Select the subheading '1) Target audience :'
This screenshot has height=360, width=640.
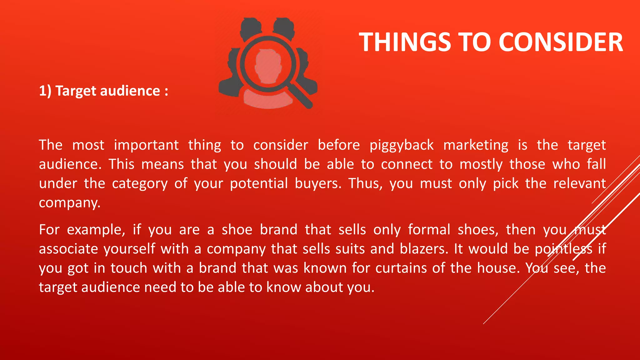coord(103,91)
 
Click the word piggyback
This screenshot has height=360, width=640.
coord(402,145)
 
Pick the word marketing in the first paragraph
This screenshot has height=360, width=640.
coord(476,145)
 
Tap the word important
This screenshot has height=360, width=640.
coord(146,145)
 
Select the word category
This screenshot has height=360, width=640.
coord(140,184)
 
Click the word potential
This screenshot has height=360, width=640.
coord(259,184)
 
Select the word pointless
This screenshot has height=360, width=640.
coord(563,249)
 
